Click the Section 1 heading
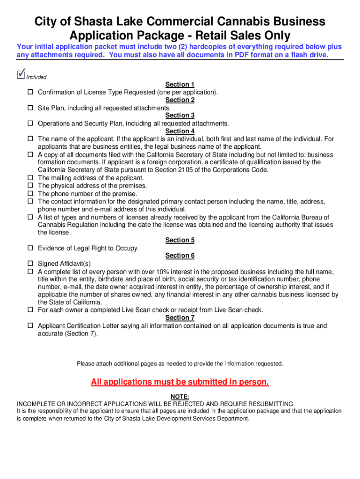(x=180, y=85)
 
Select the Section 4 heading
(x=180, y=131)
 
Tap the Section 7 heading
(x=180, y=318)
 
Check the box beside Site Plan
(x=30, y=108)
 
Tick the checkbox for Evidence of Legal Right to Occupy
(x=30, y=248)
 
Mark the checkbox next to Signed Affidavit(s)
(x=30, y=264)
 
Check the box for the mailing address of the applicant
(x=30, y=178)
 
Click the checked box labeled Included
(x=20, y=74)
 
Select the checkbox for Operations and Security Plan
(x=30, y=123)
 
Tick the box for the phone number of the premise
(x=30, y=194)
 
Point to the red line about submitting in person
(x=180, y=382)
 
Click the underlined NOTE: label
(x=180, y=396)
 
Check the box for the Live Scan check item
(x=30, y=310)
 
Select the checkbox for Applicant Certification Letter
(x=30, y=326)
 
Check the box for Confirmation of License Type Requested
(x=30, y=92)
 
